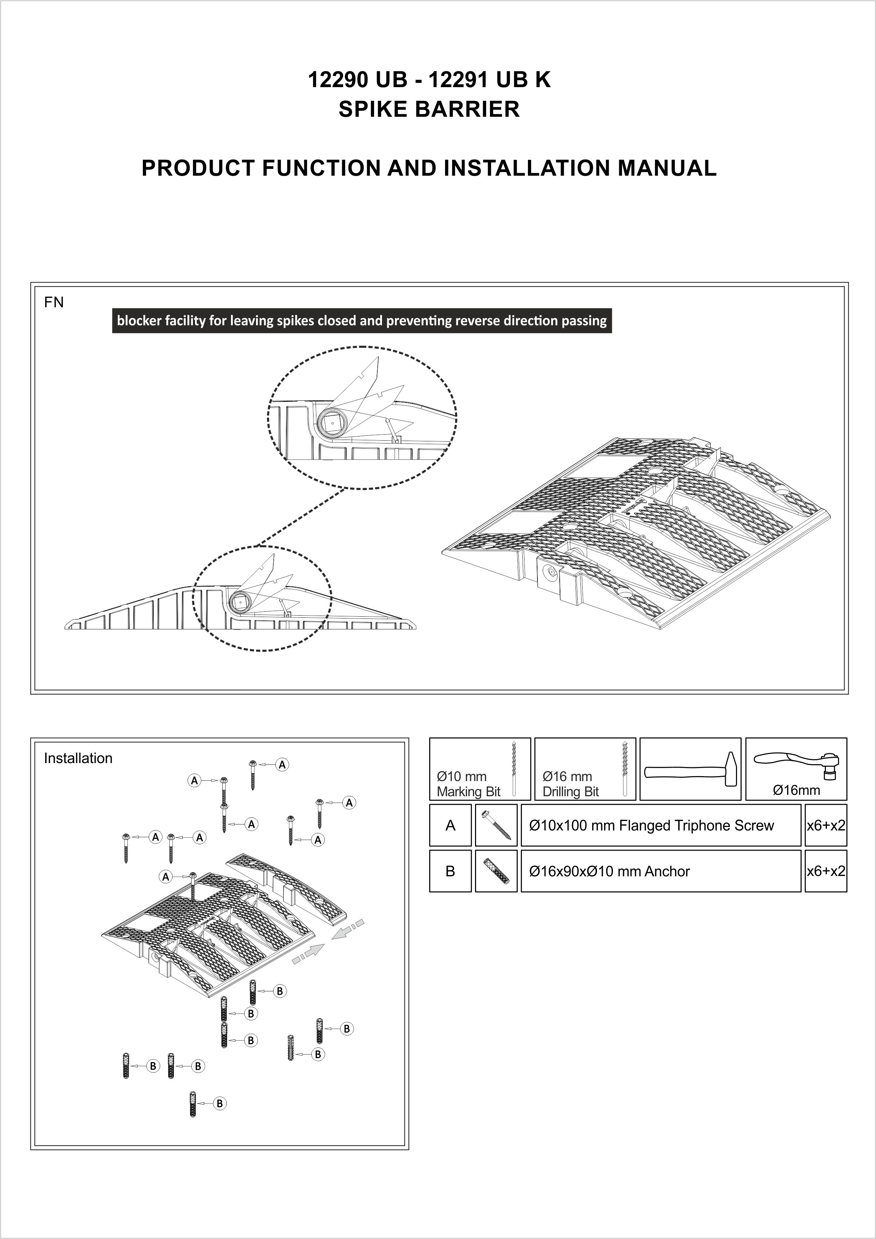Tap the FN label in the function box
pyautogui.click(x=54, y=303)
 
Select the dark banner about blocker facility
pyautogui.click(x=361, y=321)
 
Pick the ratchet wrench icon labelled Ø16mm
pyautogui.click(x=796, y=765)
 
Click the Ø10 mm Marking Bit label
pyautogui.click(x=468, y=784)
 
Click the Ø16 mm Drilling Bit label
pyautogui.click(x=571, y=784)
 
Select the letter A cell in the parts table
pyautogui.click(x=450, y=826)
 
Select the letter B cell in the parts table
pyautogui.click(x=450, y=871)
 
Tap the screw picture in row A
pyautogui.click(x=496, y=826)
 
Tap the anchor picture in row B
pyautogui.click(x=496, y=871)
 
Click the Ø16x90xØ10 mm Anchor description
pyautogui.click(x=609, y=871)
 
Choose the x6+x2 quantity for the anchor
pyautogui.click(x=825, y=871)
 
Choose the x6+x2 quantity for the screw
pyautogui.click(x=825, y=826)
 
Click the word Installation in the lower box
pyautogui.click(x=78, y=758)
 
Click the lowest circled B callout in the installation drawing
pyautogui.click(x=220, y=1114)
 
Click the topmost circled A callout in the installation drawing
pyautogui.click(x=282, y=764)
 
